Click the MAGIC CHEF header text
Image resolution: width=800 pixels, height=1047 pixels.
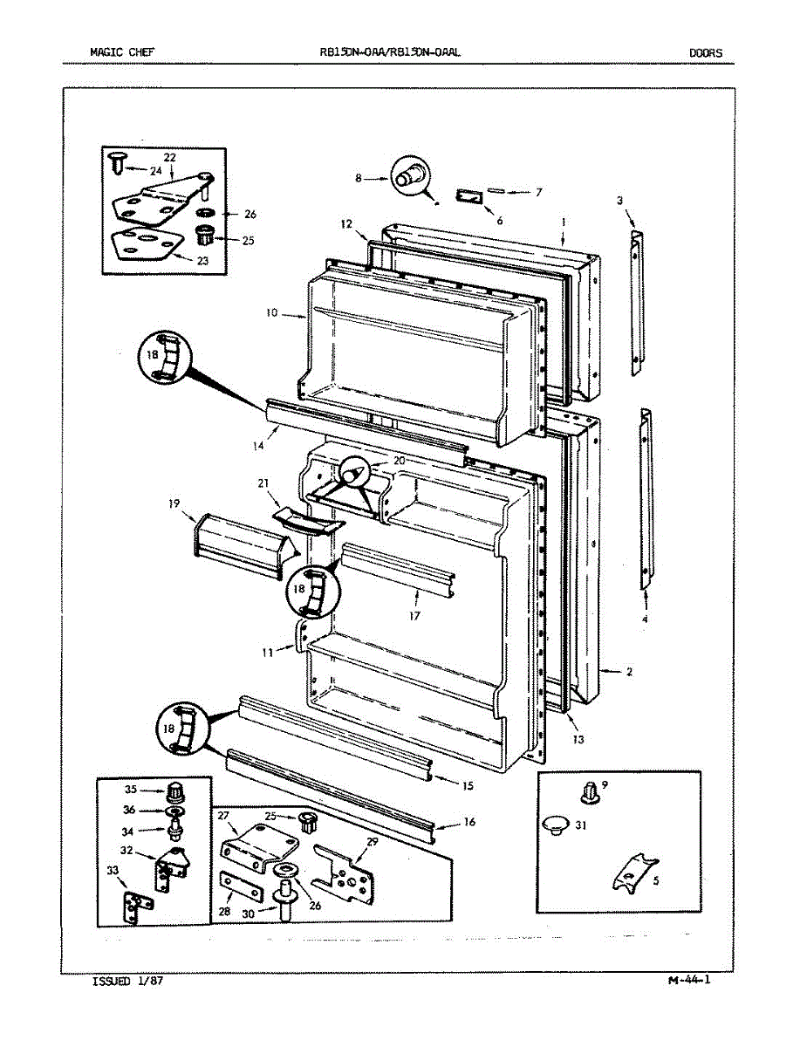pos(122,52)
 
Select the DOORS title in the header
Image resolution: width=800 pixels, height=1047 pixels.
pos(706,52)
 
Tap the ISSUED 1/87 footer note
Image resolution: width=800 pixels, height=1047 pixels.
pos(127,982)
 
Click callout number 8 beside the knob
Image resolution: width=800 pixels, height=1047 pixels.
pos(358,178)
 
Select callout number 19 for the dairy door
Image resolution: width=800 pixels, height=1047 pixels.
pos(174,503)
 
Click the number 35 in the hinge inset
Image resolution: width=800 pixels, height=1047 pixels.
pos(131,790)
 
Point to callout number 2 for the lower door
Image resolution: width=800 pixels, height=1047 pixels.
pos(629,672)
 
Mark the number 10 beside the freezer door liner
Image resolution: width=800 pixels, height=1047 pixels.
pos(271,312)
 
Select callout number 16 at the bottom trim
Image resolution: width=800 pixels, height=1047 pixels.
pos(468,823)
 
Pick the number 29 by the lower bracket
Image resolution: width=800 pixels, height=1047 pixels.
pos(372,841)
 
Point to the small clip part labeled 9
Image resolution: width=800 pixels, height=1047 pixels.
pos(587,792)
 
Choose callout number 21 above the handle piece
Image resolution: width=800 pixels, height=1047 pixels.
pos(263,483)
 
